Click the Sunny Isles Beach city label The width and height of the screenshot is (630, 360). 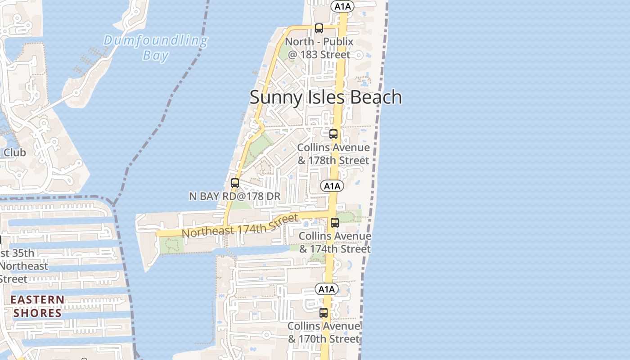325,97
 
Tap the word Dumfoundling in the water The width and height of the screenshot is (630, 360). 156,41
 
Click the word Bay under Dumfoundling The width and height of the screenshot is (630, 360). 156,55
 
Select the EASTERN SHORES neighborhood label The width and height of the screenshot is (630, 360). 37,306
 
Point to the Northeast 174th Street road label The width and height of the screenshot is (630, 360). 240,226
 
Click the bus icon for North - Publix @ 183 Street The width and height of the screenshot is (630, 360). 319,28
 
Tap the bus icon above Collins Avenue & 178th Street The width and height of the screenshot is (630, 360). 333,134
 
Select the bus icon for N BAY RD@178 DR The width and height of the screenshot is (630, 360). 235,183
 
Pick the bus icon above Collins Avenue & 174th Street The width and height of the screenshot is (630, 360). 335,222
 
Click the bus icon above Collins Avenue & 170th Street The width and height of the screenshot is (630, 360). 324,312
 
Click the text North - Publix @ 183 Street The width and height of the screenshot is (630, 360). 319,48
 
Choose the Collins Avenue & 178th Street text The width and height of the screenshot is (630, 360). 333,154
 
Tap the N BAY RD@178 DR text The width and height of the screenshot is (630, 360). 234,196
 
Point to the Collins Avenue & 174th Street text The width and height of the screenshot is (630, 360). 335,243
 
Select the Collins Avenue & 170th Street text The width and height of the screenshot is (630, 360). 324,333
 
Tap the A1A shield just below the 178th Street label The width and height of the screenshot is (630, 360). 332,186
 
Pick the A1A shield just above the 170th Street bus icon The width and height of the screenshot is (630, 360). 326,289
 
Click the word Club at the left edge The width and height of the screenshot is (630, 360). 14,153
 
